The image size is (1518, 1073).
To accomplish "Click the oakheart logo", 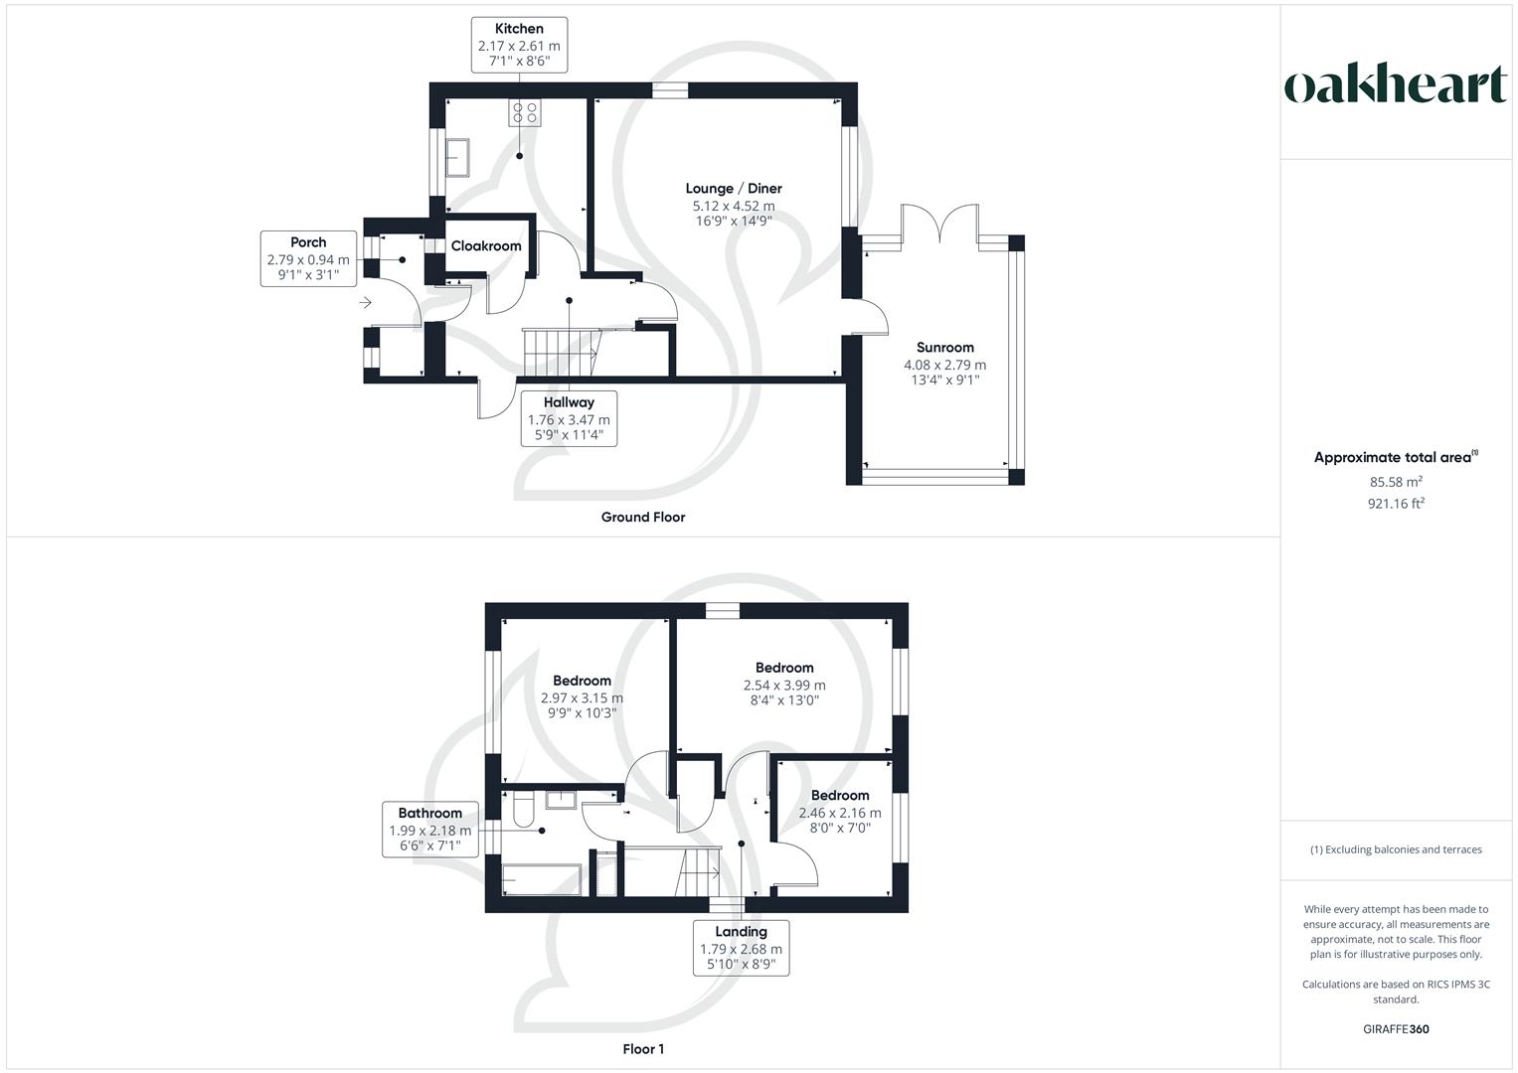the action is pyautogui.click(x=1396, y=84).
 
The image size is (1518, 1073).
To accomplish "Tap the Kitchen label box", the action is pyautogui.click(x=519, y=45).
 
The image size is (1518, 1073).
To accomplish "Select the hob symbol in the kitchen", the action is pyautogui.click(x=525, y=113).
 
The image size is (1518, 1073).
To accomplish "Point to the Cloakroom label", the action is pyautogui.click(x=486, y=245).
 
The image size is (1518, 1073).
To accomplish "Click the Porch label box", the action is pyautogui.click(x=308, y=258).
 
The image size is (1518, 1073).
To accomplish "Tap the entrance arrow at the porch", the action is pyautogui.click(x=366, y=302).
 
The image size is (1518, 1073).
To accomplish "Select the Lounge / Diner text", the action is pyautogui.click(x=734, y=188).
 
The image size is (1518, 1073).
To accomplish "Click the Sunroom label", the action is pyautogui.click(x=944, y=348).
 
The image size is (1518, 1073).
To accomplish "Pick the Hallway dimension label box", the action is pyautogui.click(x=569, y=418).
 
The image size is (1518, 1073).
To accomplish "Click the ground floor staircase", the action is pyautogui.click(x=559, y=353).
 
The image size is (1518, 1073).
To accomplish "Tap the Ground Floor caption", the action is pyautogui.click(x=643, y=517).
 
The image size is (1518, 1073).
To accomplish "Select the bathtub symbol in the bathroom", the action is pyautogui.click(x=542, y=880).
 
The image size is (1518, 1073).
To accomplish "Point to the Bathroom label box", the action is pyautogui.click(x=429, y=830).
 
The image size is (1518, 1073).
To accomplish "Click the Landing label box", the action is pyautogui.click(x=741, y=948).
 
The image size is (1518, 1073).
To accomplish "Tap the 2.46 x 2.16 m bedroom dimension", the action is pyautogui.click(x=840, y=812).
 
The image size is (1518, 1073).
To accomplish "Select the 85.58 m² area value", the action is pyautogui.click(x=1395, y=482).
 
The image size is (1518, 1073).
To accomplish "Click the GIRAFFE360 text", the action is pyautogui.click(x=1395, y=1029).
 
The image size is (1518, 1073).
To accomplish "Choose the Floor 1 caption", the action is pyautogui.click(x=643, y=1049).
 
